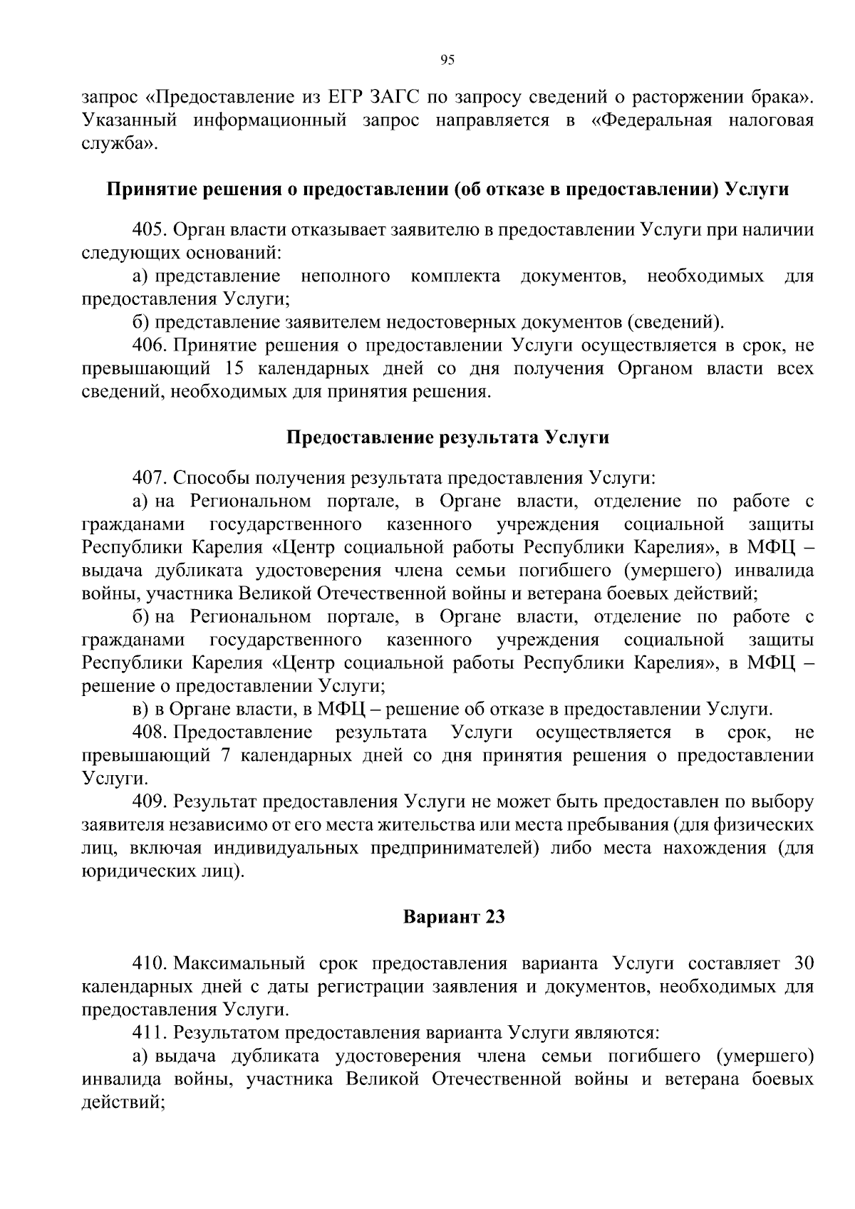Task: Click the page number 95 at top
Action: pyautogui.click(x=447, y=60)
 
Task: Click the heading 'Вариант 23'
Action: pyautogui.click(x=454, y=917)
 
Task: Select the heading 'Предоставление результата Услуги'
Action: pyautogui.click(x=447, y=437)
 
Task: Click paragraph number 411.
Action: pyautogui.click(x=148, y=1032)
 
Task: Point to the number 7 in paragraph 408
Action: pyautogui.click(x=226, y=756)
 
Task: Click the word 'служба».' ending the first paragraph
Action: pyautogui.click(x=118, y=143)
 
